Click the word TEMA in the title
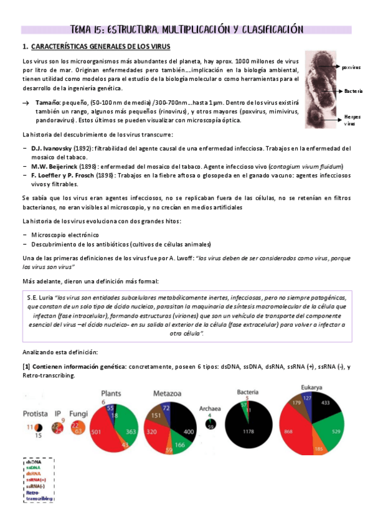click(83, 29)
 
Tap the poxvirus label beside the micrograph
click(351, 67)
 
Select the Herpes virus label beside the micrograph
click(352, 120)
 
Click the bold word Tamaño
click(49, 101)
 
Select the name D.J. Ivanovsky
click(51, 149)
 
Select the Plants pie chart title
click(110, 394)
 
